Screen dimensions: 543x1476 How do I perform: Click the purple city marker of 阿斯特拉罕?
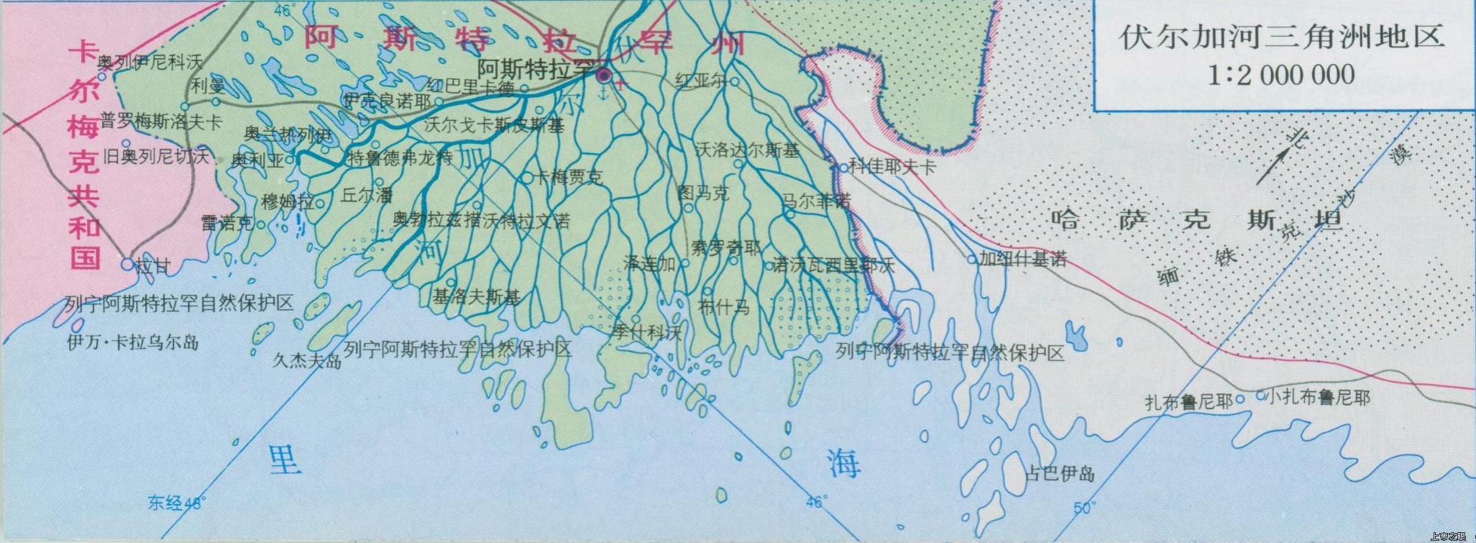coord(604,74)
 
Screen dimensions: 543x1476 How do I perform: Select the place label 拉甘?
coord(153,267)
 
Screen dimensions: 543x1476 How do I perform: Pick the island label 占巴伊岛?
coord(1060,473)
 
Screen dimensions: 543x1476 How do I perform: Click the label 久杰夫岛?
coord(307,360)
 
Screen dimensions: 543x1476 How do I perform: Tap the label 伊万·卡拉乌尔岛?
coord(133,342)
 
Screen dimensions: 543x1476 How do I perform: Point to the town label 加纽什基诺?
coord(1023,259)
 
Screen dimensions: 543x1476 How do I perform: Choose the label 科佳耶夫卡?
coord(892,167)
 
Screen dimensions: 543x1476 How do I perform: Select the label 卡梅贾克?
coord(568,177)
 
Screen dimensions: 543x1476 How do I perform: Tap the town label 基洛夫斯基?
coord(476,296)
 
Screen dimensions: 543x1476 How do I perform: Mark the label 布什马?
coord(723,307)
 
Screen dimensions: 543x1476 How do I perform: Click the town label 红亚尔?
coord(702,81)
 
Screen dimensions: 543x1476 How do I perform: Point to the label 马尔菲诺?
coord(817,200)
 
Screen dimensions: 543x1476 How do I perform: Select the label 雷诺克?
coord(227,224)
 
